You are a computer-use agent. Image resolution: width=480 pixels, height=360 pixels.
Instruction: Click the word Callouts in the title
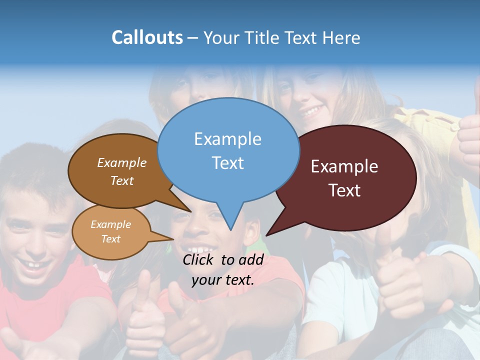[147, 37]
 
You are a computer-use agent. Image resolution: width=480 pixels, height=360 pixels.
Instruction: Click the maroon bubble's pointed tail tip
[267, 235]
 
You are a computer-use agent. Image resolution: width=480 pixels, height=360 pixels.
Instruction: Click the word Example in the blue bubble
[227, 139]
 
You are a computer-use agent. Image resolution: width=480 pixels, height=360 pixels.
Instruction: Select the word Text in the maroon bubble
[345, 190]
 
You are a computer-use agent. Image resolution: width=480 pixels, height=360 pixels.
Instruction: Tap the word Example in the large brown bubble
[122, 162]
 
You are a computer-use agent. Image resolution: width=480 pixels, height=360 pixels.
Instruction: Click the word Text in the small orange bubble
[111, 239]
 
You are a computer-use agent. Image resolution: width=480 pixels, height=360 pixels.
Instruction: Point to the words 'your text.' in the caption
[223, 280]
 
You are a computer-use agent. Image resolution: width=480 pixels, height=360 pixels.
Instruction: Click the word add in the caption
[251, 259]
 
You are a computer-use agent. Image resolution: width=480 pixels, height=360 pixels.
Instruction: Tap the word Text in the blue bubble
[228, 163]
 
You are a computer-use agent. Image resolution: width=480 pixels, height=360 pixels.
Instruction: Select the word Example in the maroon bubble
[344, 166]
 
